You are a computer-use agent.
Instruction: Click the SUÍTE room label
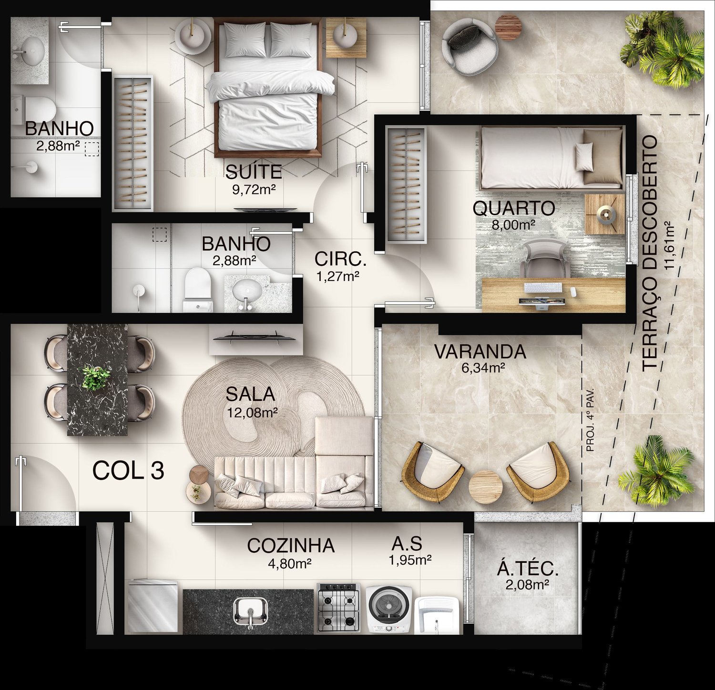tap(254, 171)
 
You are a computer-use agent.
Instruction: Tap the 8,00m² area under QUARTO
tap(513, 224)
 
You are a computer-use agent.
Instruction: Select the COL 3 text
tap(128, 470)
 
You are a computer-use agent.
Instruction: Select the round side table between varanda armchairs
tap(484, 485)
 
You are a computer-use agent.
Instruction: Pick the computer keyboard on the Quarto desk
tap(543, 288)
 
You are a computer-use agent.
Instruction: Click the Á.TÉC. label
tap(528, 568)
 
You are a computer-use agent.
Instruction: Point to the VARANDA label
tap(480, 352)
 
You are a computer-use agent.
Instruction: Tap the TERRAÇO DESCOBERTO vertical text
tap(649, 253)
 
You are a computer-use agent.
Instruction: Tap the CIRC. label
tap(340, 260)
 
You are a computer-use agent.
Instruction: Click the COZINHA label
tap(291, 546)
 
